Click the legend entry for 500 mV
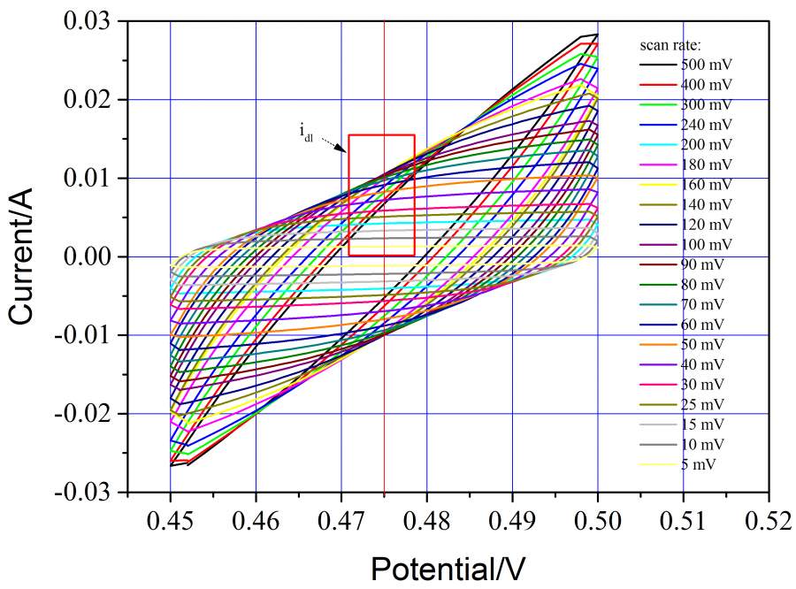coord(707,65)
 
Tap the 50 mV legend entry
coord(703,342)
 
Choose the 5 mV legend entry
coord(700,463)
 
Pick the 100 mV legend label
coord(707,243)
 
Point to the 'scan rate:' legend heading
coord(670,43)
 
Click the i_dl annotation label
coord(305,134)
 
